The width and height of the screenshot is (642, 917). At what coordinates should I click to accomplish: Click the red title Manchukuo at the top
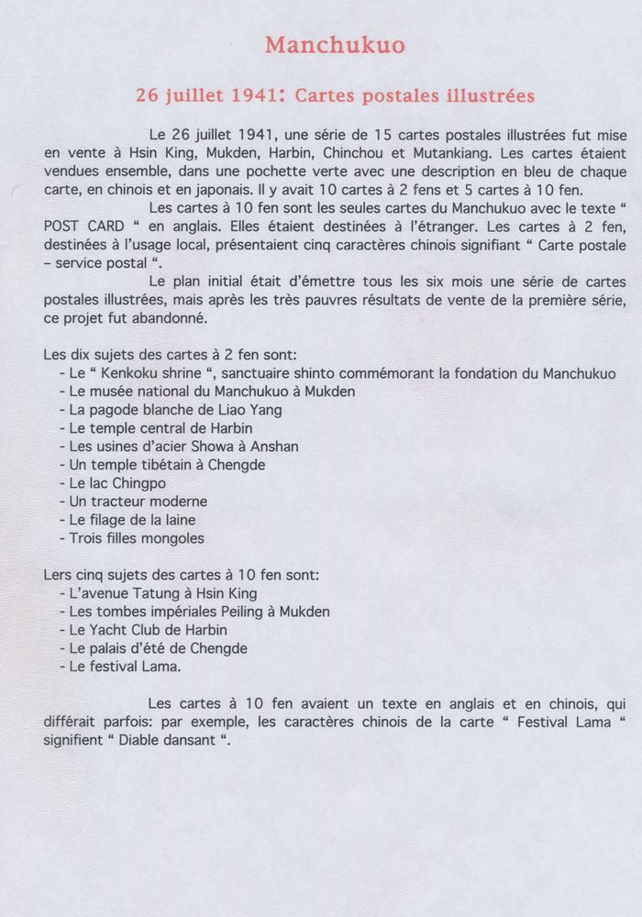coord(321,45)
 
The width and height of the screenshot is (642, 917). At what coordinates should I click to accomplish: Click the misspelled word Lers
coord(58,575)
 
